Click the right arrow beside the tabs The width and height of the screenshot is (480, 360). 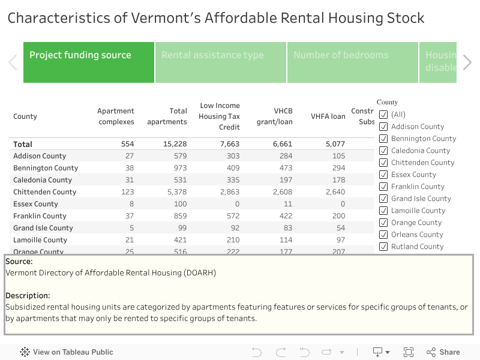pos(467,62)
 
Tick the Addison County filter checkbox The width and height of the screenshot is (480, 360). pos(383,127)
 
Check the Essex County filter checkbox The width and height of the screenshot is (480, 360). pos(383,175)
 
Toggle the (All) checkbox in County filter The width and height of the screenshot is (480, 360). pos(383,115)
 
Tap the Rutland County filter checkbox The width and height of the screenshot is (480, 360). pos(383,247)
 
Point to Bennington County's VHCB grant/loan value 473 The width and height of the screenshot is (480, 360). pos(283,168)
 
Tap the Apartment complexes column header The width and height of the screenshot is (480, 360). pos(116,116)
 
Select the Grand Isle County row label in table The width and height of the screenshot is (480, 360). pos(43,228)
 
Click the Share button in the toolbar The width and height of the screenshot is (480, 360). pos(443,352)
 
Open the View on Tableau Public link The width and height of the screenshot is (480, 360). pos(67,352)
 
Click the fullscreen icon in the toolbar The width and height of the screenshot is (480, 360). pos(409,352)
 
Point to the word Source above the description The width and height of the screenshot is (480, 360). pos(19,262)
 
